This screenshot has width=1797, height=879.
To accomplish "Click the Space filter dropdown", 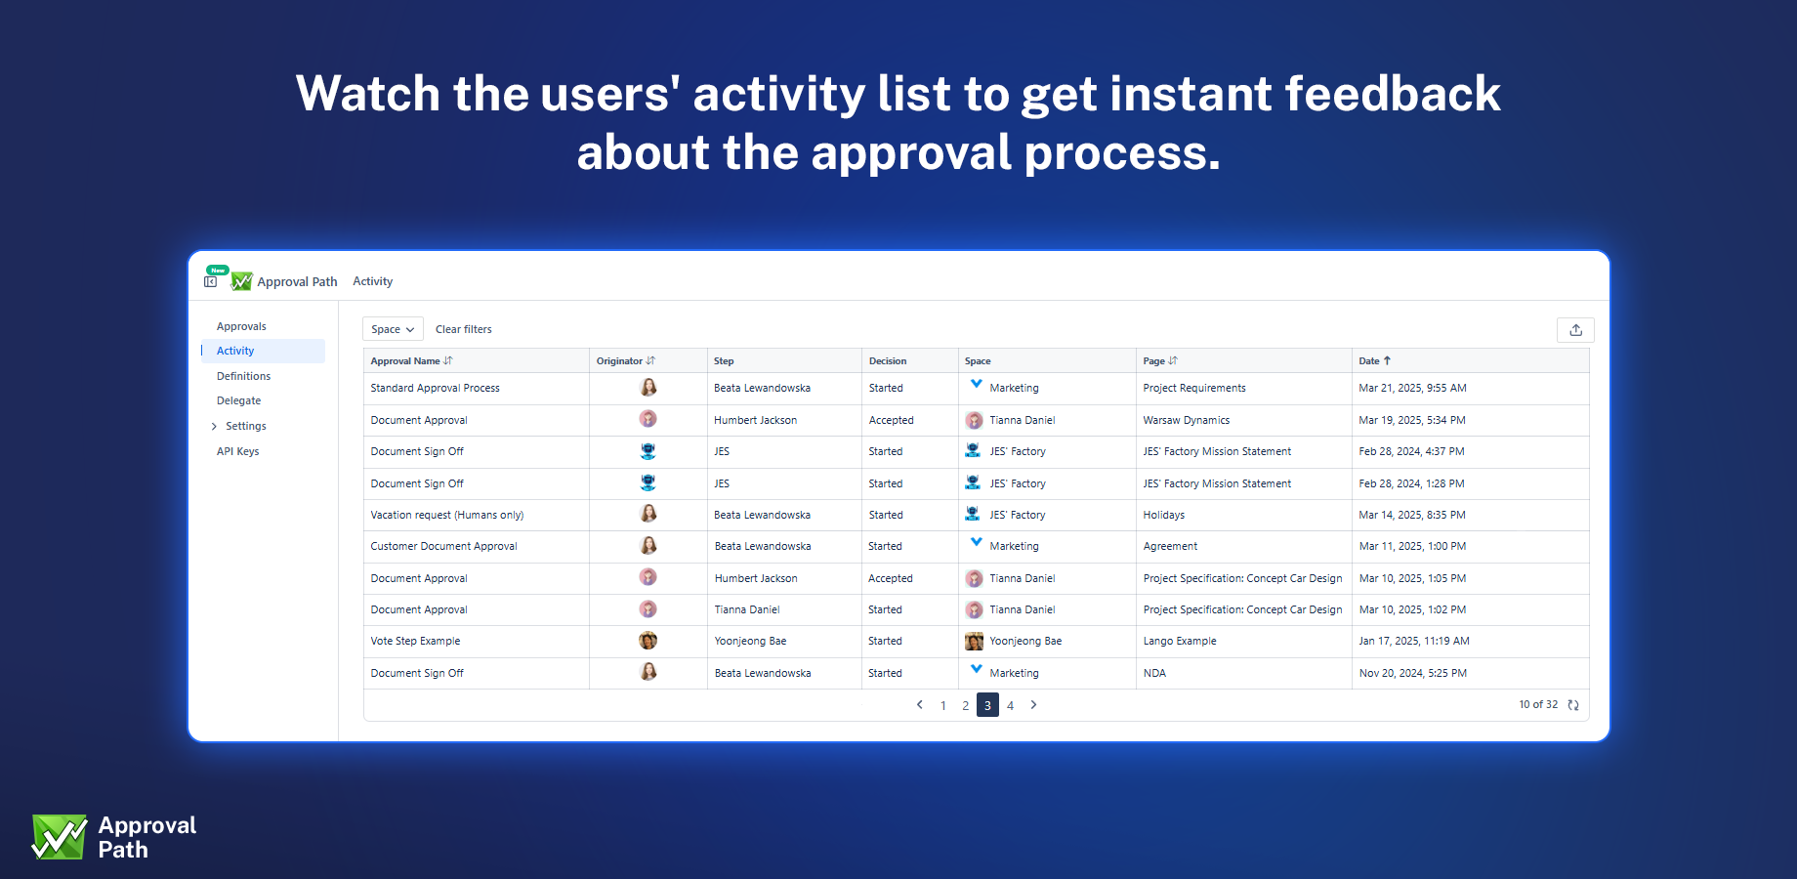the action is (393, 329).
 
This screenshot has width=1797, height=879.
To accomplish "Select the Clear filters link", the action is (464, 329).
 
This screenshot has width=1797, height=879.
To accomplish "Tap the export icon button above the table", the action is (1575, 330).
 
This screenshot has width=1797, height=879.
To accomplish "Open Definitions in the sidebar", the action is (244, 376).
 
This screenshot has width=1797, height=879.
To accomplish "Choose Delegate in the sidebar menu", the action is (239, 400).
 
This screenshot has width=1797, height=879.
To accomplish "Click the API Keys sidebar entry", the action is (238, 451).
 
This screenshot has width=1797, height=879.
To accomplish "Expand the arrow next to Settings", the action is (214, 427).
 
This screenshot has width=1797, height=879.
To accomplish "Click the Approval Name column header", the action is (405, 361).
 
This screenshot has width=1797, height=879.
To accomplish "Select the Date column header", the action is (1369, 361).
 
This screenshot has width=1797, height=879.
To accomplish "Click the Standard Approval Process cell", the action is (436, 389).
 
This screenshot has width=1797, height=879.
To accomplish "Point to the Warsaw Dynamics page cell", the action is (1187, 420).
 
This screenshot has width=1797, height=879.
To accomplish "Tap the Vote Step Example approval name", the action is (416, 642).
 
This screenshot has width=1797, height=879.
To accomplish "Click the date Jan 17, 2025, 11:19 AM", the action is (1414, 642).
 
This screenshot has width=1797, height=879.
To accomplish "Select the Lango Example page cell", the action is (1180, 642).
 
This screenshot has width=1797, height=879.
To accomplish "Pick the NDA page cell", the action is (1154, 673).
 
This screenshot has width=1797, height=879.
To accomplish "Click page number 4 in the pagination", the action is (1010, 705).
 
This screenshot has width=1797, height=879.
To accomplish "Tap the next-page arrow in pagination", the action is (1033, 705).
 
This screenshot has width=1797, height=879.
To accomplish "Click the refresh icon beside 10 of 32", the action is (1573, 705).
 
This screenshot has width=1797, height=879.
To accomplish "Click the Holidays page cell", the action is (1164, 515).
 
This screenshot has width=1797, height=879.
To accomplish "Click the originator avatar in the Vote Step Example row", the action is (648, 641).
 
